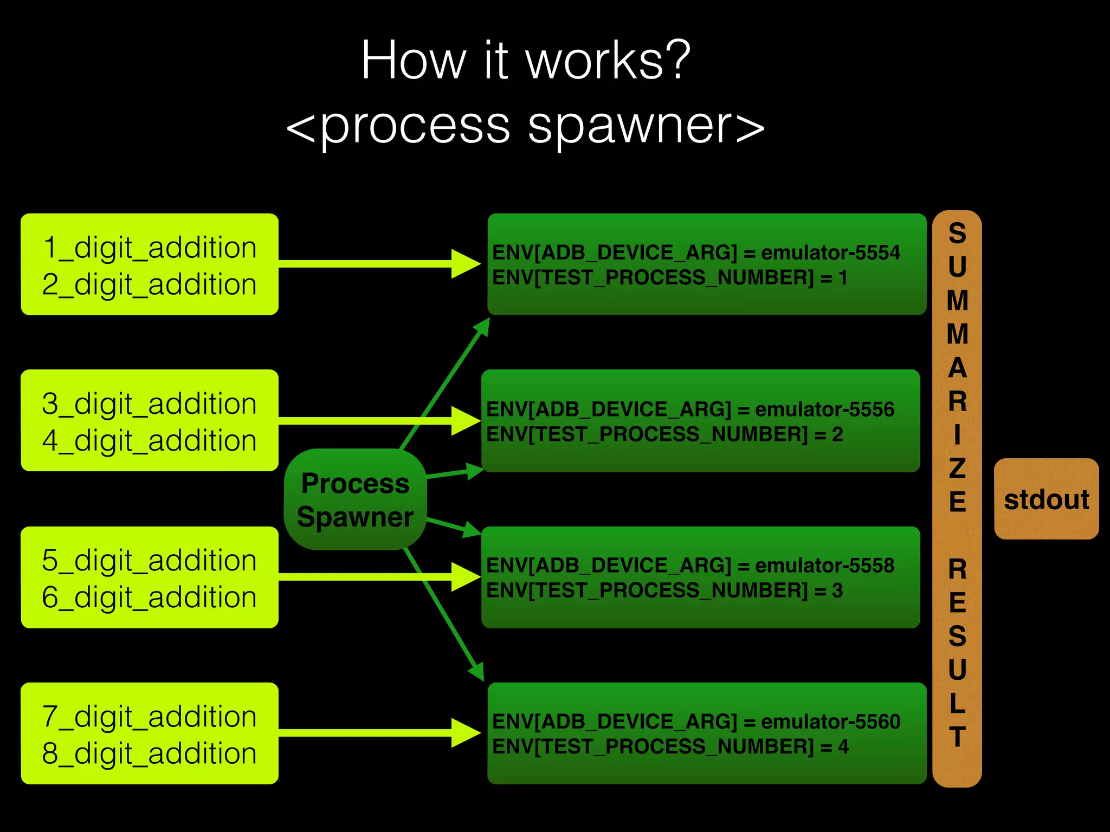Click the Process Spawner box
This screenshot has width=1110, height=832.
355,499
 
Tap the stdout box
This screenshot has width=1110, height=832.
1046,499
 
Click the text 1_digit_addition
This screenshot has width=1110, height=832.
149,248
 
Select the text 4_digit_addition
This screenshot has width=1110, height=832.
149,440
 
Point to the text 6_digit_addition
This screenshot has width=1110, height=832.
149,597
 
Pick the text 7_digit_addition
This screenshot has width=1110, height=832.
149,717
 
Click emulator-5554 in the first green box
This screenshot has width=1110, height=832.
830,252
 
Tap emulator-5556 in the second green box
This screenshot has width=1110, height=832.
824,409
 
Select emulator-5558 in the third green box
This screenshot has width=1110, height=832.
824,565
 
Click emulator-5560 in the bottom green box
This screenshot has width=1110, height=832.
830,721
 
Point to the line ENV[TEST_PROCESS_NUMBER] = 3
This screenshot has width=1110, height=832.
664,590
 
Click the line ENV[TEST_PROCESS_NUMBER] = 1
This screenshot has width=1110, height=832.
669,278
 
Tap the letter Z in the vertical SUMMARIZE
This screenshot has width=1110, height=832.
957,468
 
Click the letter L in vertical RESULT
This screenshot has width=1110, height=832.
957,703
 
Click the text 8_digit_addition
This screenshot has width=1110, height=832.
149,753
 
